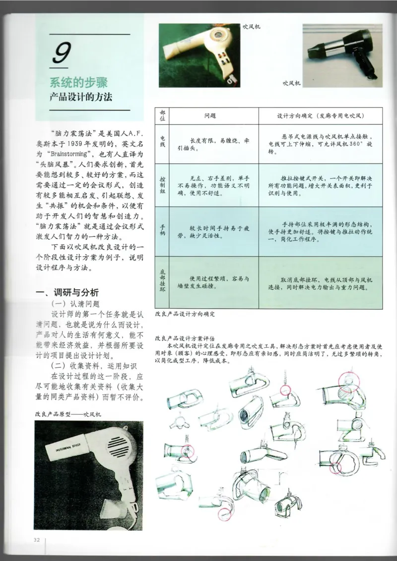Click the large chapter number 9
[x=63, y=54]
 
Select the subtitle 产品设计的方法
[x=80, y=97]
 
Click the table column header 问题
[x=210, y=115]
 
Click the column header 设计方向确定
[x=320, y=115]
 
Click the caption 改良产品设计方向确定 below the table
[x=186, y=314]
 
